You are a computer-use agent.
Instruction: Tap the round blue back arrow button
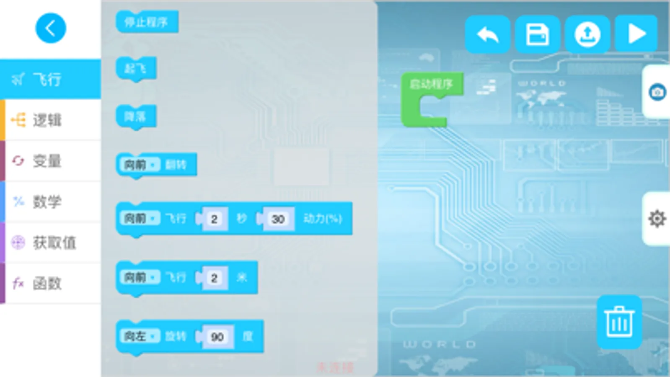(51, 28)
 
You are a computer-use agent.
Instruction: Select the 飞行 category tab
(50, 79)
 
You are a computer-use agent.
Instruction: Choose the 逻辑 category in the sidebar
(50, 120)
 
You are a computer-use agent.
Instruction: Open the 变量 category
(50, 161)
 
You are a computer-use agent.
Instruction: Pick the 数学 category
(50, 201)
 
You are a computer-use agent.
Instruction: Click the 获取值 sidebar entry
(50, 243)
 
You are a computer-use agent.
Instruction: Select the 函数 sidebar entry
(50, 283)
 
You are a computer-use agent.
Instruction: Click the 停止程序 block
(147, 22)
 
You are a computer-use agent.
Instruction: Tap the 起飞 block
(136, 68)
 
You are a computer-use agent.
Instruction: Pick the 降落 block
(136, 116)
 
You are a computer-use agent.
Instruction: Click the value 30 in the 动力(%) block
(278, 219)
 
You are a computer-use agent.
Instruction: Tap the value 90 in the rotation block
(217, 337)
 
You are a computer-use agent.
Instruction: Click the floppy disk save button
(537, 34)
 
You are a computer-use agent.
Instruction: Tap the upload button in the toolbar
(587, 34)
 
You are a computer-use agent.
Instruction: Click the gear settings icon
(657, 218)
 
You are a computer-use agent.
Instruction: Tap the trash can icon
(619, 322)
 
